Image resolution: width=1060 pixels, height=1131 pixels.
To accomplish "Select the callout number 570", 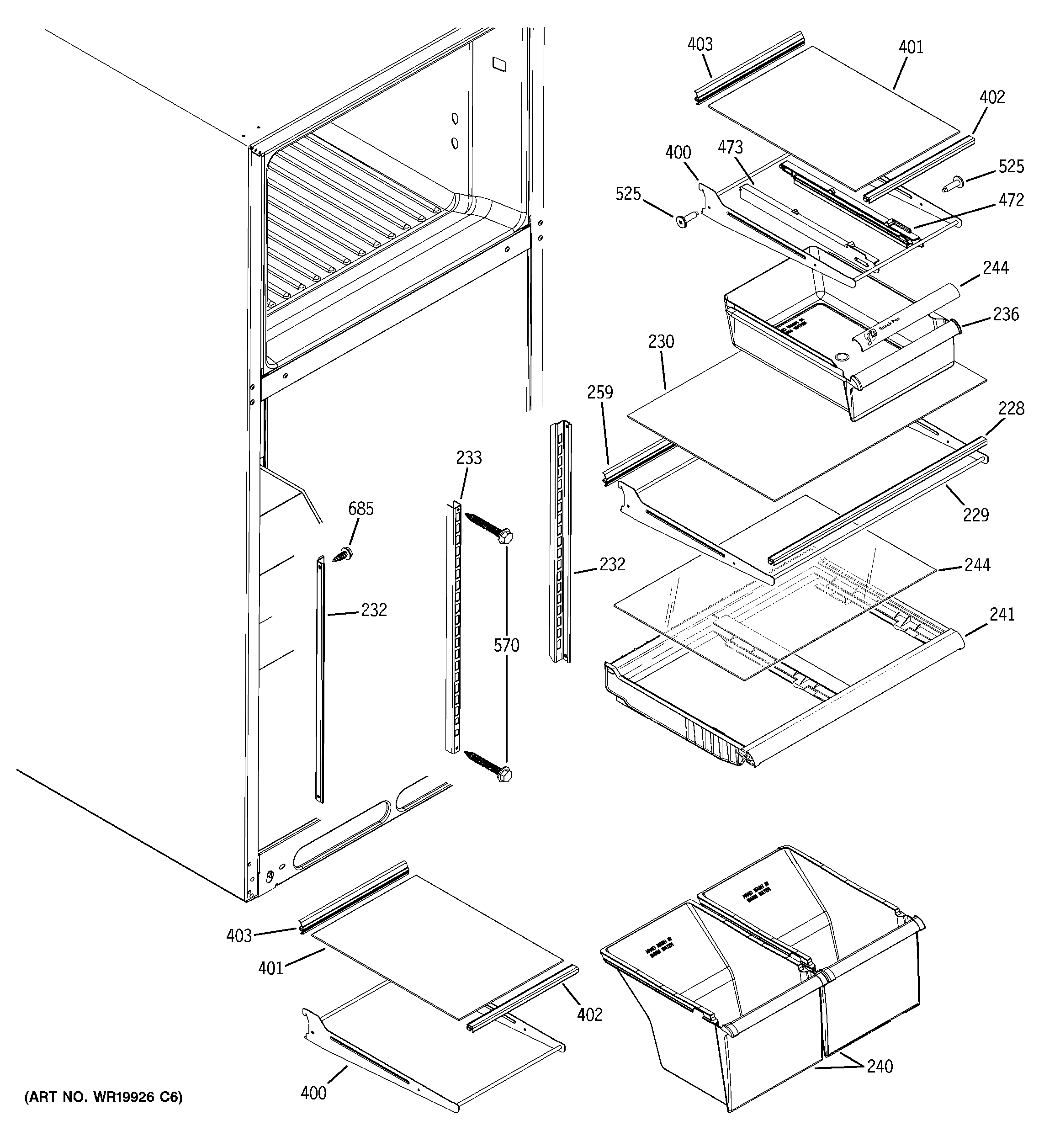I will pos(506,645).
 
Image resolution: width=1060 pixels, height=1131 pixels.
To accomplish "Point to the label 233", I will pos(469,457).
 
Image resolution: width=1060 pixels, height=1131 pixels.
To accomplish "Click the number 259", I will pos(600,392).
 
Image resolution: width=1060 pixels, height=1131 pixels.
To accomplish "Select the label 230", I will pos(661,341).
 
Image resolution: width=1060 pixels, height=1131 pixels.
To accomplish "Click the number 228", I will pos(1011,409).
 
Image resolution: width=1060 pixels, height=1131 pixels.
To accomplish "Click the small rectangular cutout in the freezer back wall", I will pos(499,63).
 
